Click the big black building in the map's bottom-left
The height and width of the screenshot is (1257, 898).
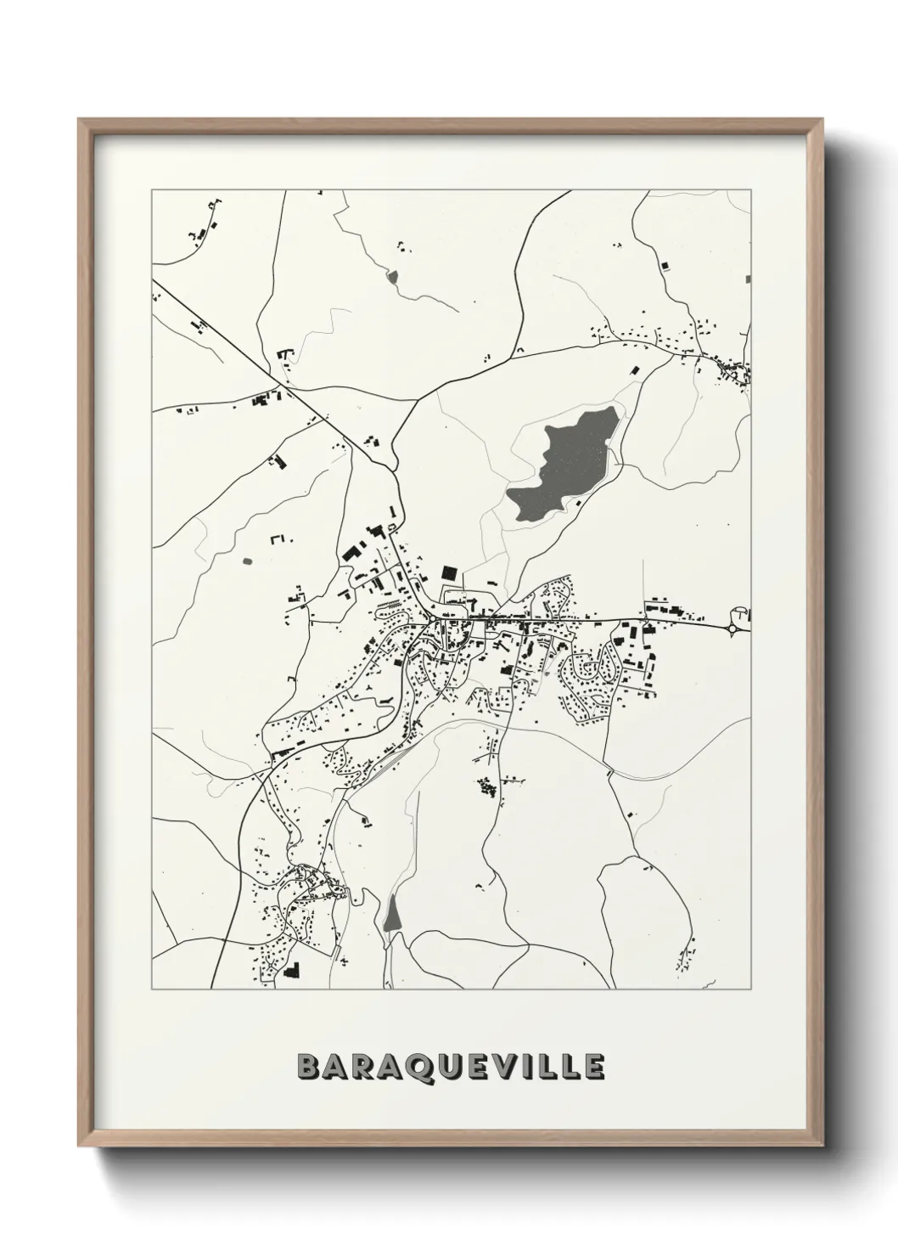292,970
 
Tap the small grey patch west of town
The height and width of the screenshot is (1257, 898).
247,561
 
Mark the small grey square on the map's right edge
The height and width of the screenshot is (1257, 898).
747,279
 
